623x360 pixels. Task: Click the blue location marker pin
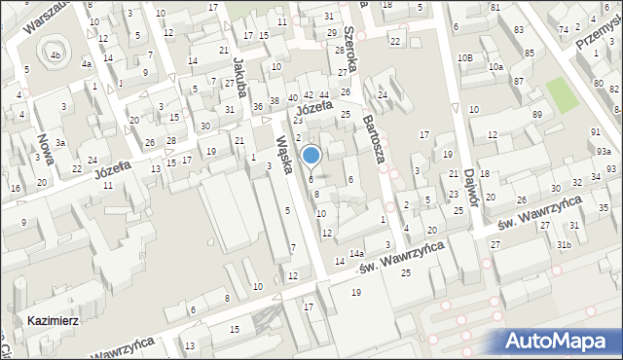click(x=311, y=156)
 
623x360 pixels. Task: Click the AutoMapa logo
click(x=560, y=342)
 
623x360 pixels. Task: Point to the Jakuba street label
click(x=238, y=73)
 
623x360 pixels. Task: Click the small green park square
click(x=561, y=93)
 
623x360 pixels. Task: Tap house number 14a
click(x=357, y=253)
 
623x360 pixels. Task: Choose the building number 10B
click(x=467, y=58)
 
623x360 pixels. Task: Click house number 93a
click(x=605, y=151)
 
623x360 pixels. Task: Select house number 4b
click(x=55, y=54)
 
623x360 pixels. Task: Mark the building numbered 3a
click(x=60, y=143)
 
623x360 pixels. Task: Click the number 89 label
click(x=537, y=116)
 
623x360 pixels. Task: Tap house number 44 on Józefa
click(x=323, y=94)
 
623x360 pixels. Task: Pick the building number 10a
click(x=495, y=66)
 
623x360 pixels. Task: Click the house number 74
click(x=564, y=30)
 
